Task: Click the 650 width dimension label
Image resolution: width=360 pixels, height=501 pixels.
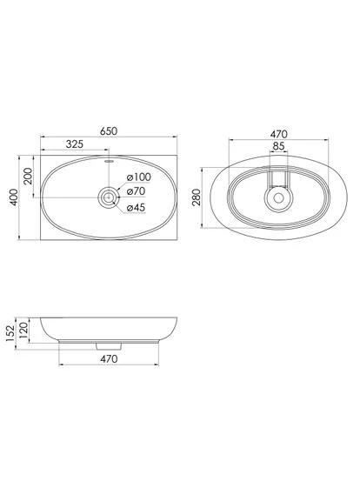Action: pos(109,131)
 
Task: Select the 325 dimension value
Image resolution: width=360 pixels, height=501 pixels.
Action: pos(75,144)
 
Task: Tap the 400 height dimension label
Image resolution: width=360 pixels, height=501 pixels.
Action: pos(13,197)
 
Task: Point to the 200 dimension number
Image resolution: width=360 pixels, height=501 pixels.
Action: pos(28,176)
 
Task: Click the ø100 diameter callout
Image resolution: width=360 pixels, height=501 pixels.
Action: pos(138,177)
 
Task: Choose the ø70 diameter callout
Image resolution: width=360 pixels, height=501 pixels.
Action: pos(136,191)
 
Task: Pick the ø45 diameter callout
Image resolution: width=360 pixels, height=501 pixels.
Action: pos(136,207)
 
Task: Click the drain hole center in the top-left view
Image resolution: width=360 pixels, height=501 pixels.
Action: pos(109,197)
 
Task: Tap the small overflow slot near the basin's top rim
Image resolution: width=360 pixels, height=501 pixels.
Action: pos(109,162)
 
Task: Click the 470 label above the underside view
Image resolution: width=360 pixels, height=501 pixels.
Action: pos(278,134)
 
